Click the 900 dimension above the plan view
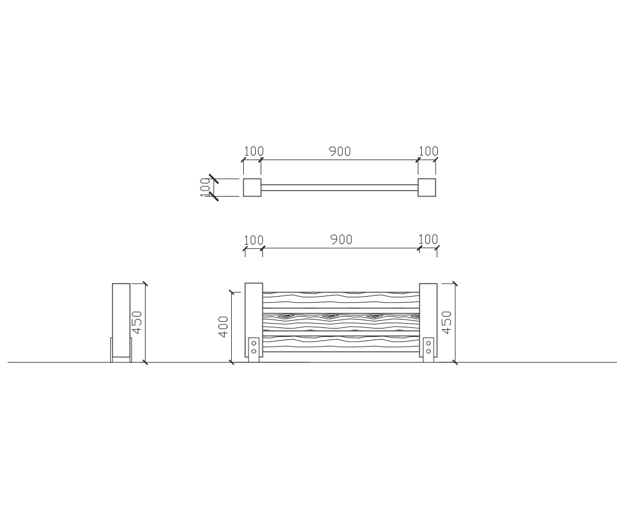340,151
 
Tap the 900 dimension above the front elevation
341,239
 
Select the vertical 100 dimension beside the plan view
205,188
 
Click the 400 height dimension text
223,327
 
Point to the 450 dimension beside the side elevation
137,322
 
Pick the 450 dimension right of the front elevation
447,322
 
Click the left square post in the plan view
252,188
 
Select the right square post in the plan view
427,188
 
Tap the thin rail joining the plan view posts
340,188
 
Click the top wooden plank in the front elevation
341,300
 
